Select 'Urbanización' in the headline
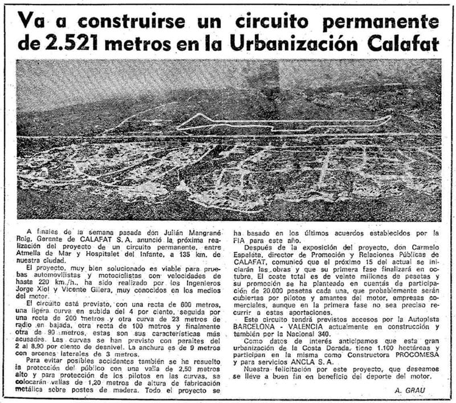pos(323,43)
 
